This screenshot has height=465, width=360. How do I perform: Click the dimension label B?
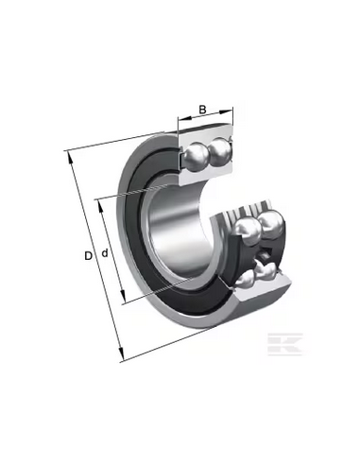click(x=202, y=110)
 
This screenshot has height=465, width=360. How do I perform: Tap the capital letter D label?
click(x=89, y=256)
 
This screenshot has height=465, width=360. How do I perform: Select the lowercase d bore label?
click(x=105, y=252)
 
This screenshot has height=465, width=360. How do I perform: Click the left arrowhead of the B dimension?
click(x=184, y=118)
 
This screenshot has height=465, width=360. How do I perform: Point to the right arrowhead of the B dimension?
click(x=226, y=112)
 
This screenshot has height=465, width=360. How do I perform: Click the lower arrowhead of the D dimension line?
click(x=120, y=353)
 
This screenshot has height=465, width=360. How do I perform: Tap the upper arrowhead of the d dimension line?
click(x=101, y=206)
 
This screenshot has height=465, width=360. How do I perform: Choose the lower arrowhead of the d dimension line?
click(x=123, y=297)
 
